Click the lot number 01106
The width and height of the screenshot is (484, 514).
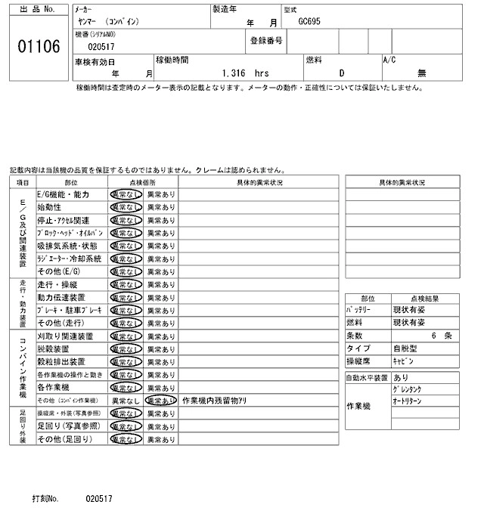coord(38,47)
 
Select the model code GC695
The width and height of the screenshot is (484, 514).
coord(310,23)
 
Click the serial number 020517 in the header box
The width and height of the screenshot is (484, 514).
coord(101,47)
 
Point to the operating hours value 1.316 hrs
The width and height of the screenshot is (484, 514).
coord(246,73)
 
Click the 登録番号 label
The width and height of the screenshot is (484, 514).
coord(266,40)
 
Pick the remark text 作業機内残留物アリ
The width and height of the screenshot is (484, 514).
coord(214,400)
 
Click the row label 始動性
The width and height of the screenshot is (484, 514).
coord(49,207)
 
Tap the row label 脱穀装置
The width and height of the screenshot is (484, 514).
coord(54,348)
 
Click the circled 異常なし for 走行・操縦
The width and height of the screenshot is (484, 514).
coord(126,284)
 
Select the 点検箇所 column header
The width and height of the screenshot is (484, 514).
coord(143,182)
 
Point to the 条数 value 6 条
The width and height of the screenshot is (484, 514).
coord(440,336)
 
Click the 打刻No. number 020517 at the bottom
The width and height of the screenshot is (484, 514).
coord(99,500)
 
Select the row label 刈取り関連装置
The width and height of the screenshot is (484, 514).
coord(65,336)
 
